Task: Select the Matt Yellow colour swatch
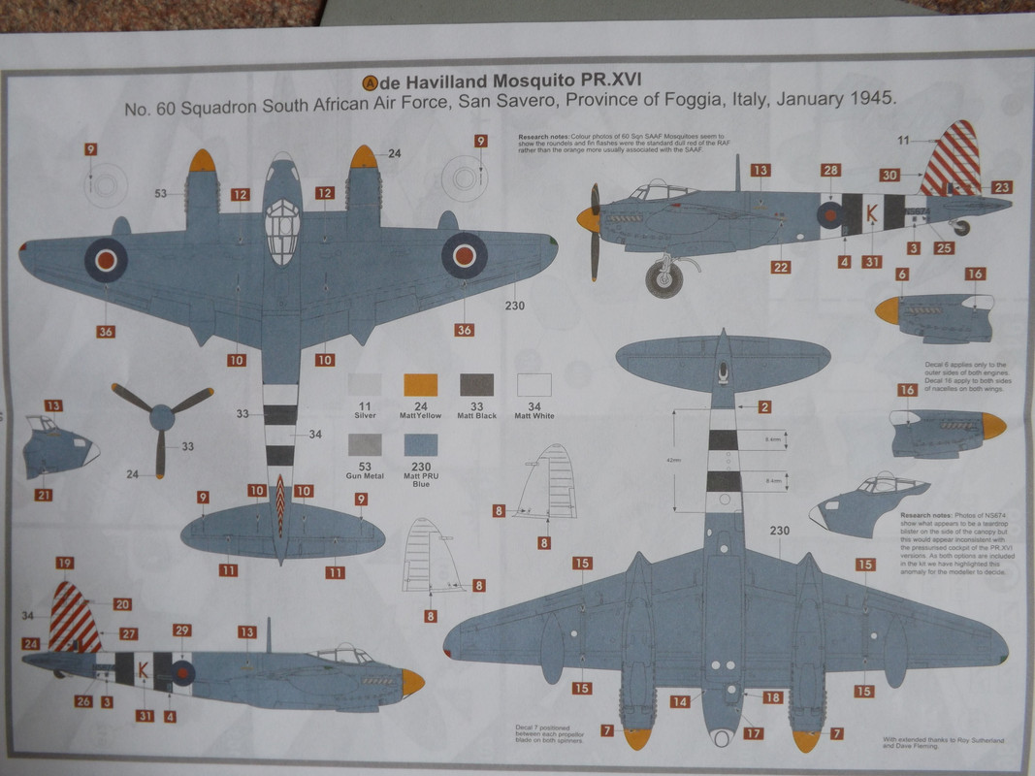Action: [x=420, y=385]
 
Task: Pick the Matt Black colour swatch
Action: [x=475, y=385]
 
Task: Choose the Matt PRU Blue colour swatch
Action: [x=420, y=445]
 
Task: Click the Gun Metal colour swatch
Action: [x=365, y=445]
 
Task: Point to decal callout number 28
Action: [x=830, y=171]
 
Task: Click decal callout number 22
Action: [x=781, y=267]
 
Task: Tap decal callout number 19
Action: [x=66, y=563]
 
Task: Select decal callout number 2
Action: [x=764, y=407]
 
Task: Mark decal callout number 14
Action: [x=682, y=701]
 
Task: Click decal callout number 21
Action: [x=45, y=495]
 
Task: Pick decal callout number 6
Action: [x=902, y=275]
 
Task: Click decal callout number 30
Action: [x=889, y=175]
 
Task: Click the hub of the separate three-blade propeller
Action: [x=161, y=419]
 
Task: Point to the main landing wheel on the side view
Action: [x=664, y=278]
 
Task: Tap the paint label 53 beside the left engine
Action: [x=160, y=193]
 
